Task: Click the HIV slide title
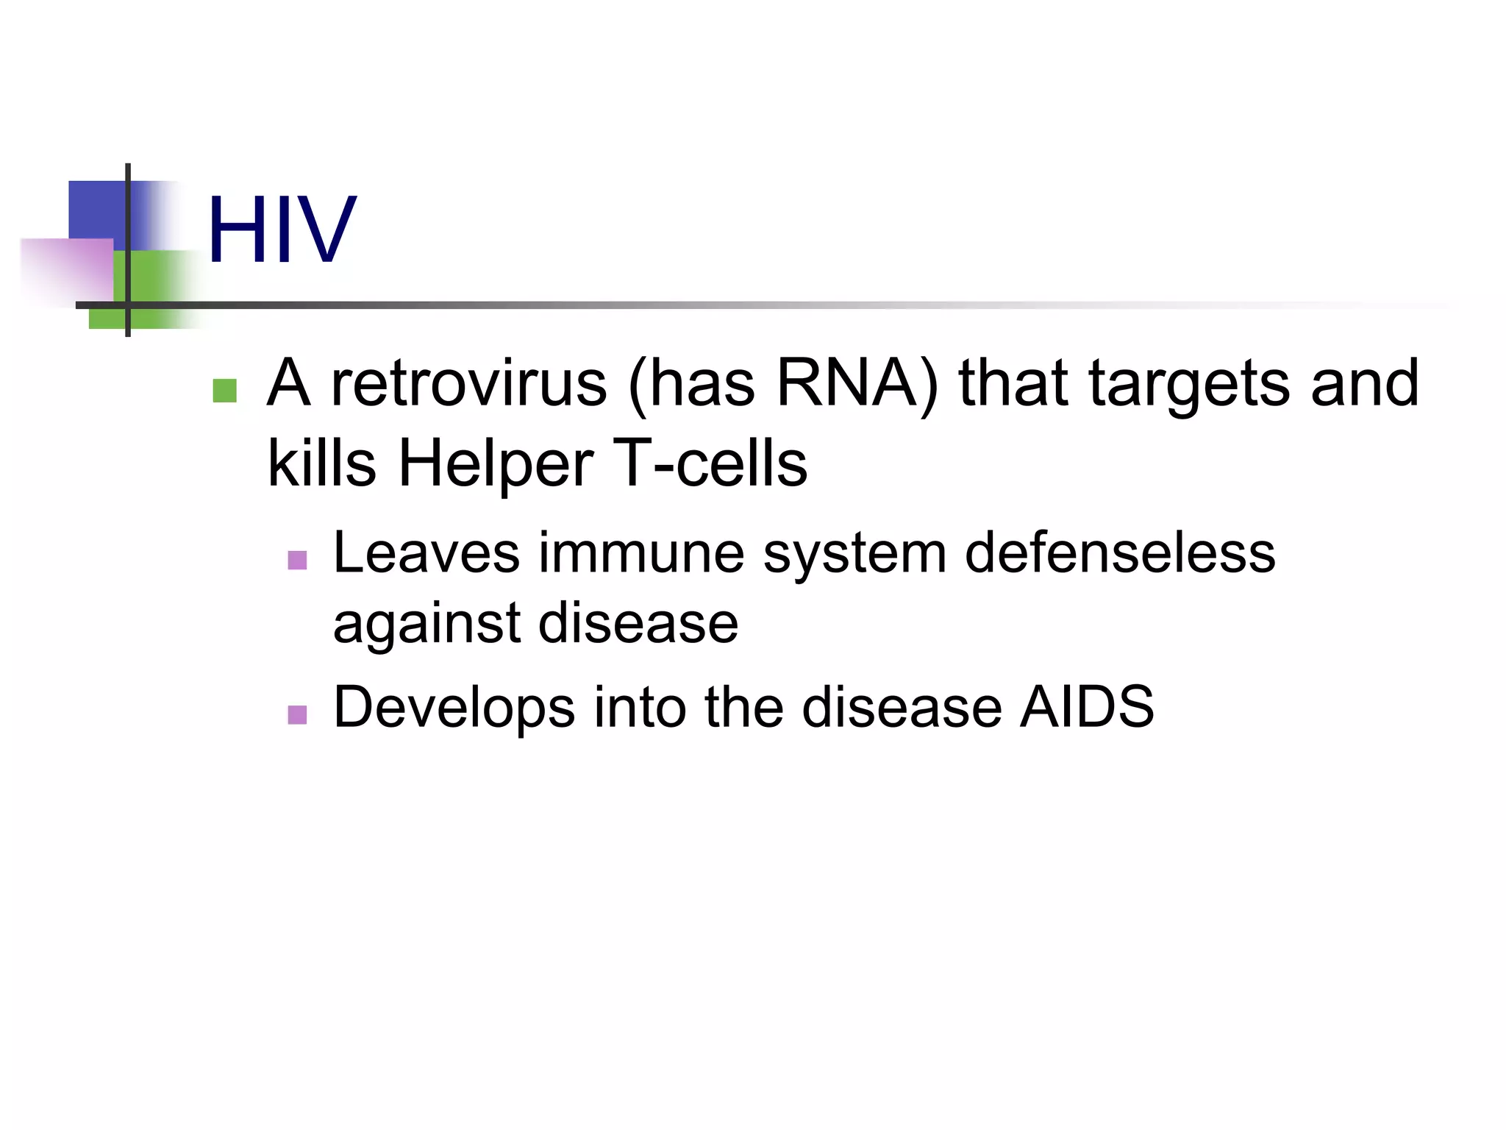282,230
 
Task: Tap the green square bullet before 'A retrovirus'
224,391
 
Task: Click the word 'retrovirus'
469,383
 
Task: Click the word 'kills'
322,463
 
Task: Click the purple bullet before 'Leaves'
297,560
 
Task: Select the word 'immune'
641,553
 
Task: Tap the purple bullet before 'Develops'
297,714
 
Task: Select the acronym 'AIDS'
1087,707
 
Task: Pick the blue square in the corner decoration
96,210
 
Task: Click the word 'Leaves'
426,553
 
